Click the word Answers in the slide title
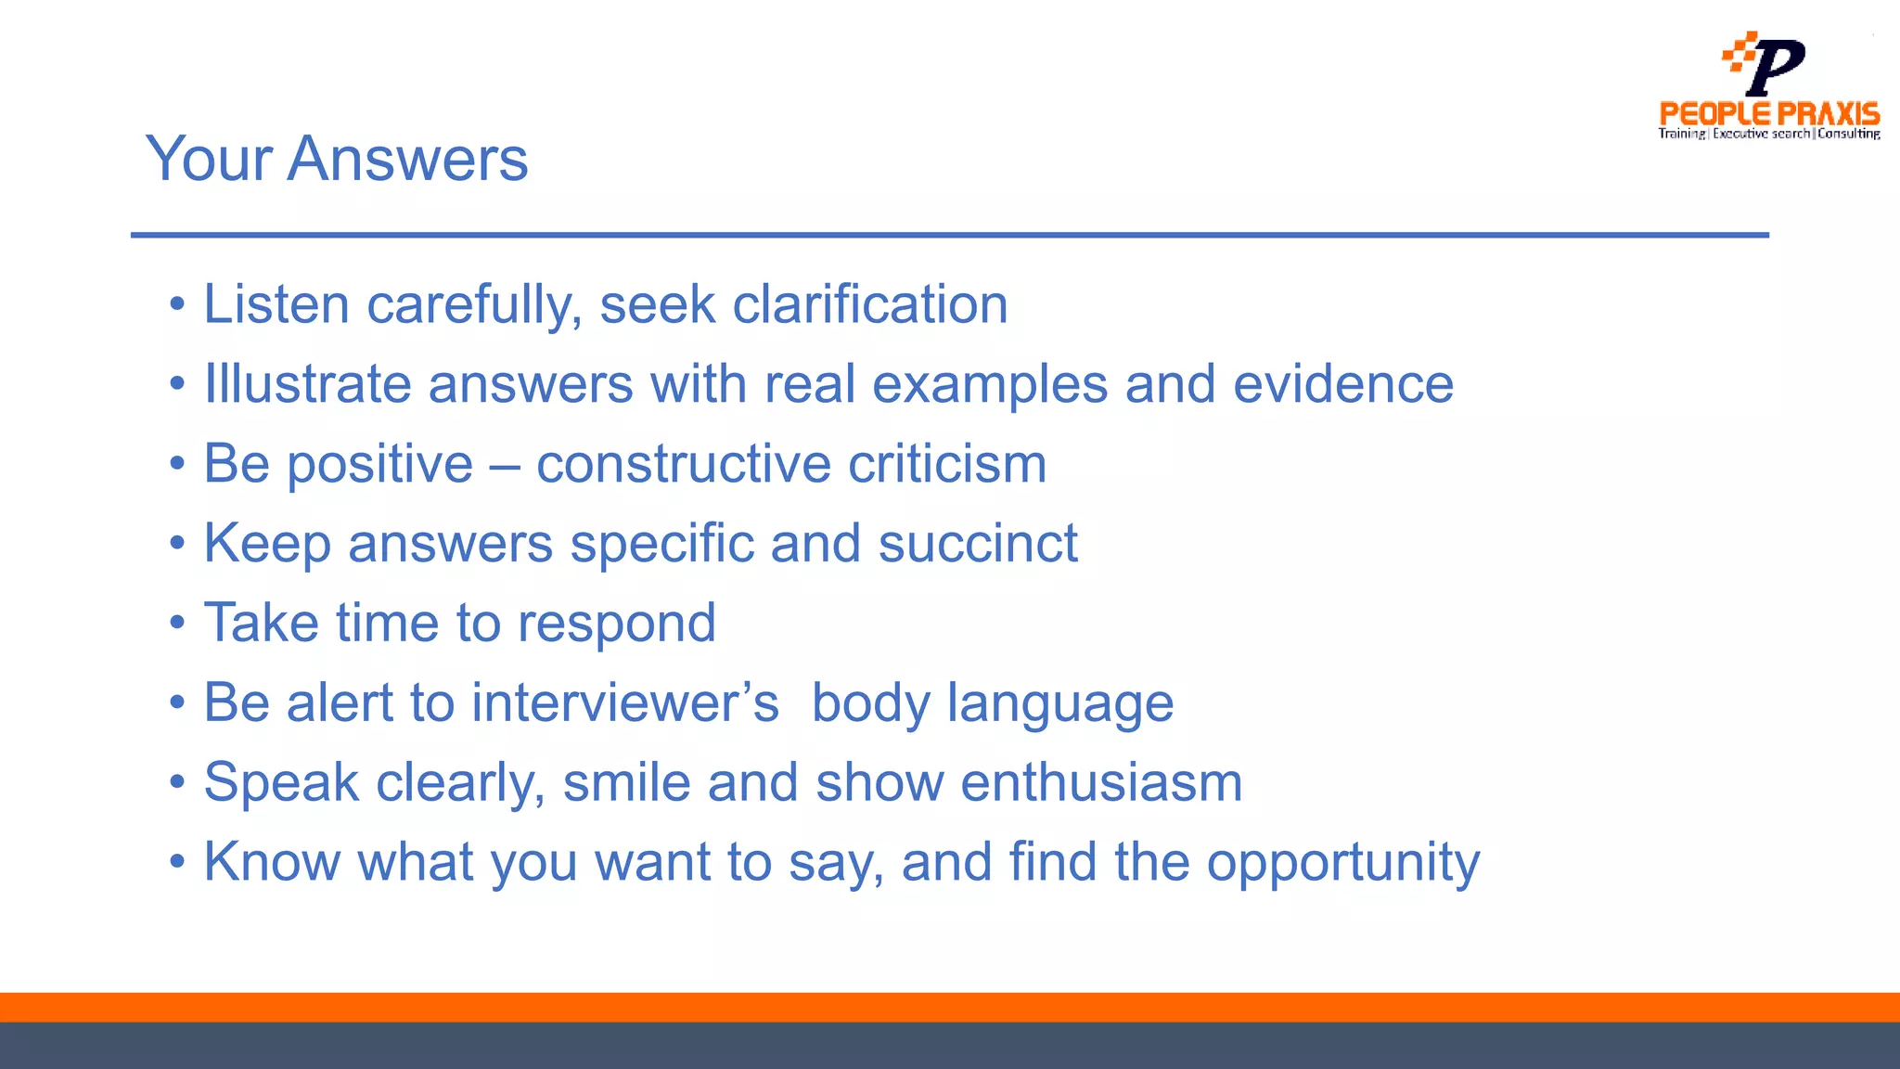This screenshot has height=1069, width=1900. click(x=407, y=159)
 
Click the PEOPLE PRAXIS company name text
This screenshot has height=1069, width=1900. click(x=1769, y=114)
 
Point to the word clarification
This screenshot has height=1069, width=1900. click(x=869, y=304)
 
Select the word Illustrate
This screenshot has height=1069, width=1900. click(x=307, y=384)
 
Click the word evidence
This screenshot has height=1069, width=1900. click(x=1342, y=384)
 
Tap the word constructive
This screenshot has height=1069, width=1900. click(x=683, y=464)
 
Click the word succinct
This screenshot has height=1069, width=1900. click(x=978, y=543)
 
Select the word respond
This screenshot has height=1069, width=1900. click(x=616, y=624)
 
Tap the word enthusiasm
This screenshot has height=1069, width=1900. click(x=1101, y=782)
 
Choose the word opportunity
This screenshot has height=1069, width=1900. click(x=1342, y=863)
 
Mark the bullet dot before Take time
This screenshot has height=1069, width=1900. click(x=177, y=624)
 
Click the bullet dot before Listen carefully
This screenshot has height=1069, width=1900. click(x=177, y=305)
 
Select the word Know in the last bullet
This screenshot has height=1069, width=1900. click(x=272, y=862)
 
